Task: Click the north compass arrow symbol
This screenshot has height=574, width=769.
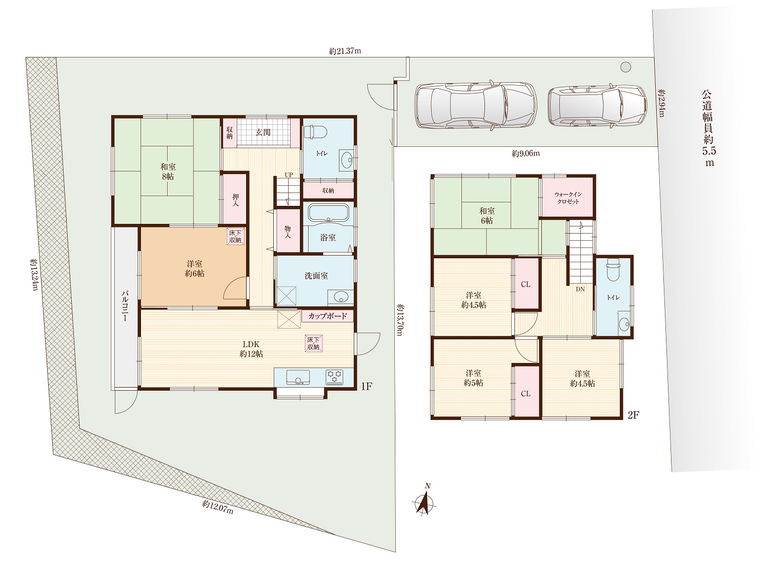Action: pos(425,503)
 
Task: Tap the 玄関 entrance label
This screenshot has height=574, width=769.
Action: pos(263,132)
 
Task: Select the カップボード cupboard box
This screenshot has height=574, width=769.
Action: pos(327,316)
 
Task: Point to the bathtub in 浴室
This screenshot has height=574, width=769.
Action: pos(328,212)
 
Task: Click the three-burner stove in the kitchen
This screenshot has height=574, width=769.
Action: pos(335,377)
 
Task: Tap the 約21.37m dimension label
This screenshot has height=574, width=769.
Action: pos(345,51)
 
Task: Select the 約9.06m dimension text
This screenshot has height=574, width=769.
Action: pos(526,154)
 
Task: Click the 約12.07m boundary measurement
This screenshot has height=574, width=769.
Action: pos(217,507)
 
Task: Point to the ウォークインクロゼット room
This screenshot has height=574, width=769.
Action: pos(568,198)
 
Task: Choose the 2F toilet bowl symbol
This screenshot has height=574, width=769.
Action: pos(613,270)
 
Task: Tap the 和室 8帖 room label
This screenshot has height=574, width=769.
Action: pos(168,171)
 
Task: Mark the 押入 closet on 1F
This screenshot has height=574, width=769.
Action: pos(235,199)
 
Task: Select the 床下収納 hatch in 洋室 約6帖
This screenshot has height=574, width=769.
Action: pos(235,237)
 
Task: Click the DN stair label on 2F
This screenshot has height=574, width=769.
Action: pos(580,290)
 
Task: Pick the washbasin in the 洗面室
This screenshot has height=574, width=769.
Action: pos(340,298)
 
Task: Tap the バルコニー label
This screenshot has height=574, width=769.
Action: pos(125,305)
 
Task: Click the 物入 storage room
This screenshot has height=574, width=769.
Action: pos(288,231)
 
